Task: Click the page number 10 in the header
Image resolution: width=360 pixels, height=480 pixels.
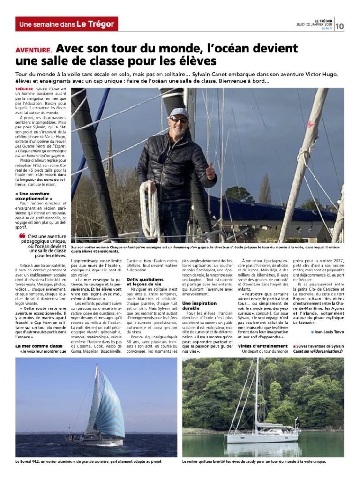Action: click(339, 26)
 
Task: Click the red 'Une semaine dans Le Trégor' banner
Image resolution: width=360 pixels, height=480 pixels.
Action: click(67, 24)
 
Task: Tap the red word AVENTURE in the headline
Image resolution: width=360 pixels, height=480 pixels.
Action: click(34, 50)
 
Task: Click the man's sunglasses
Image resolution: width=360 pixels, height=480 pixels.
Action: click(179, 120)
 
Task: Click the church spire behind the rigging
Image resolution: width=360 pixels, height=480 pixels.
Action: click(110, 150)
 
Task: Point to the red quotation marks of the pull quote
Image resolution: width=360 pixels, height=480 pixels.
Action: click(22, 236)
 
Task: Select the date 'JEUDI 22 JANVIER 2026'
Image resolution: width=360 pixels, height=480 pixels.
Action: click(315, 24)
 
